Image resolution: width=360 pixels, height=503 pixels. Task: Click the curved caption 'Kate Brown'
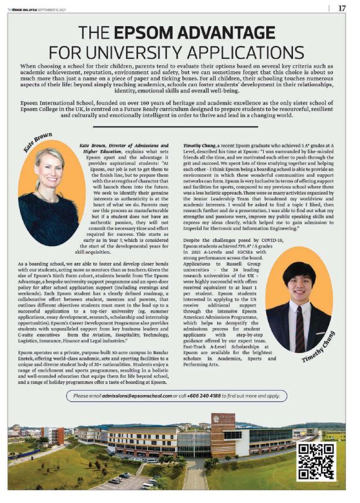[42, 145]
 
